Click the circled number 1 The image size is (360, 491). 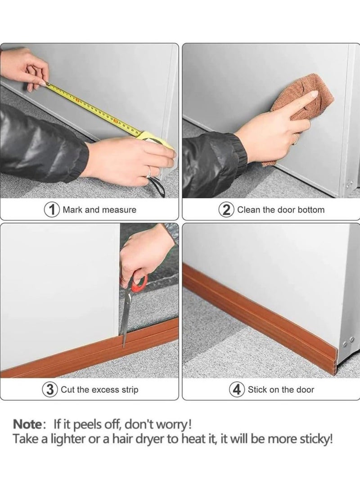click(52, 209)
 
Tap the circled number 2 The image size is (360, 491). click(227, 209)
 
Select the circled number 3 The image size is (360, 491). click(50, 389)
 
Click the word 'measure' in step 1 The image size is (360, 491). click(118, 210)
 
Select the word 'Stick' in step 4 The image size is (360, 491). click(257, 390)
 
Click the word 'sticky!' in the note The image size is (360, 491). click(316, 439)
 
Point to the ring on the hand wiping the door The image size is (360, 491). click(294, 141)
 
